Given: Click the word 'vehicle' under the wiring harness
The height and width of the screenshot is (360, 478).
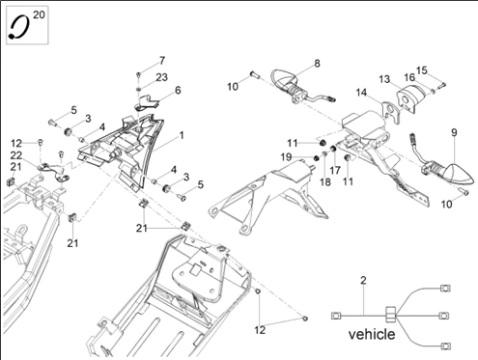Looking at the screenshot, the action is coord(372,334).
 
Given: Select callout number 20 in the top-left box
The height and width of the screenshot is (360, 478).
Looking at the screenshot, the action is coord(39,14).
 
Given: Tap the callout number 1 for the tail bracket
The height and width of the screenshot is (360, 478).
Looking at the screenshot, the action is coord(182,135).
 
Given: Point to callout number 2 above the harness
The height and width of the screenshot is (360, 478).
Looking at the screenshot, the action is coord(363,280).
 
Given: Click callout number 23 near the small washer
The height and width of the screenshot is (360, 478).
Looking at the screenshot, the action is coord(162,77).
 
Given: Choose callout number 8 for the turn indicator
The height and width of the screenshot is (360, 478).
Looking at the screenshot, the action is coord(317,64).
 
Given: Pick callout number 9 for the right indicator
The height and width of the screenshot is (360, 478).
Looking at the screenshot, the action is coord(454,132).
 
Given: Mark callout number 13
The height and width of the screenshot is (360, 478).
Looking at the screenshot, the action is coord(384,79).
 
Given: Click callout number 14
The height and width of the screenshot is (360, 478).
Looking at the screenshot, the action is coord(361,93).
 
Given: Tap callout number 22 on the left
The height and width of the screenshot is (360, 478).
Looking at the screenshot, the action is coord(16,155).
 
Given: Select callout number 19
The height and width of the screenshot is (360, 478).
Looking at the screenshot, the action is coord(286,157).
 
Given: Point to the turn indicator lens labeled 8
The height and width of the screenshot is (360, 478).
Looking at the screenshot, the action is coord(282,76).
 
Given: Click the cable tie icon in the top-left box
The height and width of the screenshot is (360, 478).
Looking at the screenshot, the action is coord(18,28).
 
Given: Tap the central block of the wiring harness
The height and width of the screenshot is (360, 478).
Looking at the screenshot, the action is coord(390,315).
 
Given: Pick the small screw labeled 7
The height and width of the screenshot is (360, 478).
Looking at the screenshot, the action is coord(138,75).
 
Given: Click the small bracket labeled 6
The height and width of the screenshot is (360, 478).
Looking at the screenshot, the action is coord(147,102).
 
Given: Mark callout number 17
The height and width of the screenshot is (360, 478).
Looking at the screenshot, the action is coord(335,170).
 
